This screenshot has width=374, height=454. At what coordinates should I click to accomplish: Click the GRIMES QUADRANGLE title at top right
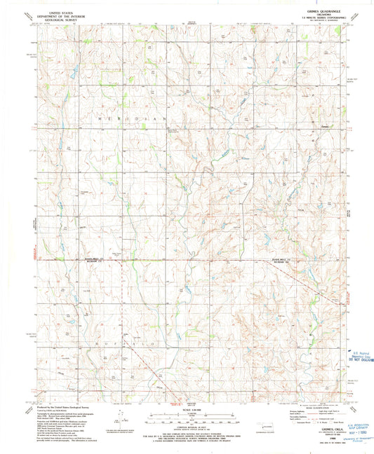pyautogui.click(x=324, y=10)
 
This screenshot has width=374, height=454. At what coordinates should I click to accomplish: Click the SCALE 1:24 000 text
pyautogui.click(x=187, y=411)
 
